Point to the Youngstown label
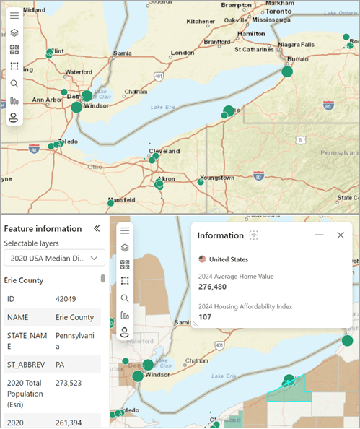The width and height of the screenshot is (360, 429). [x=218, y=177]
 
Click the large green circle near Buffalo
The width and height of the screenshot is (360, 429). [x=287, y=71]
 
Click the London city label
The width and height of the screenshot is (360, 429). [x=183, y=53]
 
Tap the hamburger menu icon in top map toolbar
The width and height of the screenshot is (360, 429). [x=14, y=15]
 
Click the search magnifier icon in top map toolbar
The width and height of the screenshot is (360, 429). [x=14, y=83]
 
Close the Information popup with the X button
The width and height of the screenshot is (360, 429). [x=341, y=235]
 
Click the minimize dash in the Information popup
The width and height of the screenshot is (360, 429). [x=319, y=235]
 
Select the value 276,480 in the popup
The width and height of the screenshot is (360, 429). [x=213, y=287]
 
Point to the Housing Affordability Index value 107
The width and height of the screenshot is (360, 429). [x=205, y=316]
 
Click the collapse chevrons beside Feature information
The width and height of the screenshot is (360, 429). [x=97, y=228]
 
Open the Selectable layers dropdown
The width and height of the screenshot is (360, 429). [x=54, y=258]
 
